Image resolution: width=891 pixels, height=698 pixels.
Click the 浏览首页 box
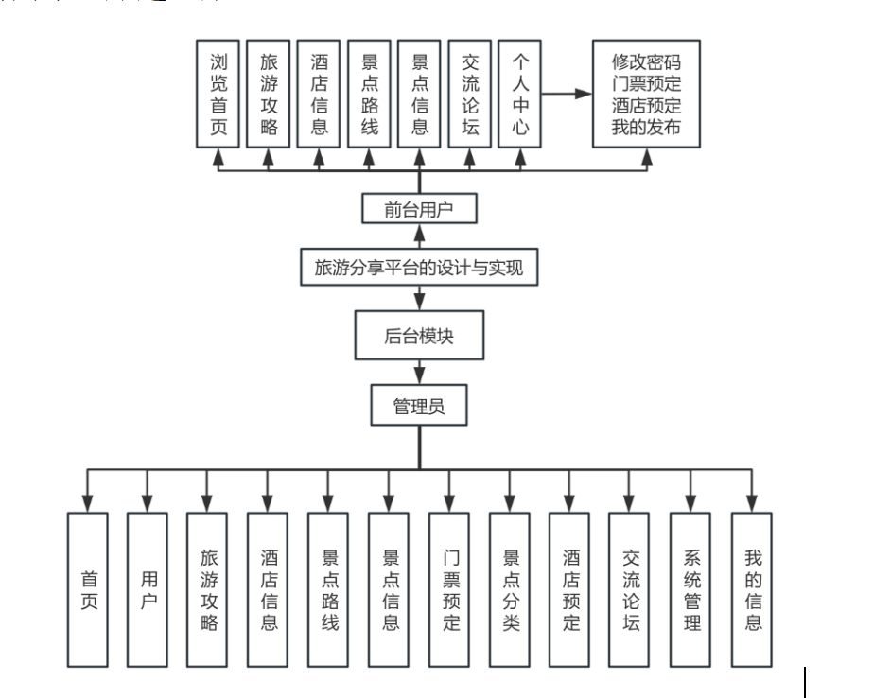pyautogui.click(x=218, y=94)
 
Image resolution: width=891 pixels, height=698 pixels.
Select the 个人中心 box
pyautogui.click(x=519, y=94)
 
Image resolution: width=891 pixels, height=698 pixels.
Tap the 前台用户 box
pyautogui.click(x=419, y=209)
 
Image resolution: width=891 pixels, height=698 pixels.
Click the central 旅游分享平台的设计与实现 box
pyautogui.click(x=418, y=268)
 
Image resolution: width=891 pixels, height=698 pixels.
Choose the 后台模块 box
pyautogui.click(x=419, y=336)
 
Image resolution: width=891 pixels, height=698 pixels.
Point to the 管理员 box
pyautogui.click(x=419, y=408)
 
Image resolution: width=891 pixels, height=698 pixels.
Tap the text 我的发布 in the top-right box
pyautogui.click(x=646, y=127)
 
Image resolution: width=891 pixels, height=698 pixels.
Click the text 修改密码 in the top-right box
pyautogui.click(x=646, y=62)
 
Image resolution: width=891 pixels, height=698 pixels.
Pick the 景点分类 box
pyautogui.click(x=511, y=589)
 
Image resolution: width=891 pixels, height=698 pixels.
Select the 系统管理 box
pyautogui.click(x=691, y=589)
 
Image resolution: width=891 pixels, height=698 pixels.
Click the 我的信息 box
pyautogui.click(x=752, y=589)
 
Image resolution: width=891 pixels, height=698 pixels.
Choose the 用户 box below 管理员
pyautogui.click(x=148, y=589)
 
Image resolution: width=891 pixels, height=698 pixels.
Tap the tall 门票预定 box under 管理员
pyautogui.click(x=450, y=589)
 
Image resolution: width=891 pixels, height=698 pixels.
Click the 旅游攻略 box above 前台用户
pyautogui.click(x=269, y=94)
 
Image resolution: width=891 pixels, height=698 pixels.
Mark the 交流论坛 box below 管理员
pyautogui.click(x=631, y=589)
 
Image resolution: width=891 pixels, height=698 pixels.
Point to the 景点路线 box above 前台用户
pyautogui.click(x=369, y=94)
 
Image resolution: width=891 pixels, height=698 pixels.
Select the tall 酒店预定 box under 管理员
pyautogui.click(x=570, y=589)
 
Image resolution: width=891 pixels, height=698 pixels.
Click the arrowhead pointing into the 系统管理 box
pyautogui.click(x=691, y=503)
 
